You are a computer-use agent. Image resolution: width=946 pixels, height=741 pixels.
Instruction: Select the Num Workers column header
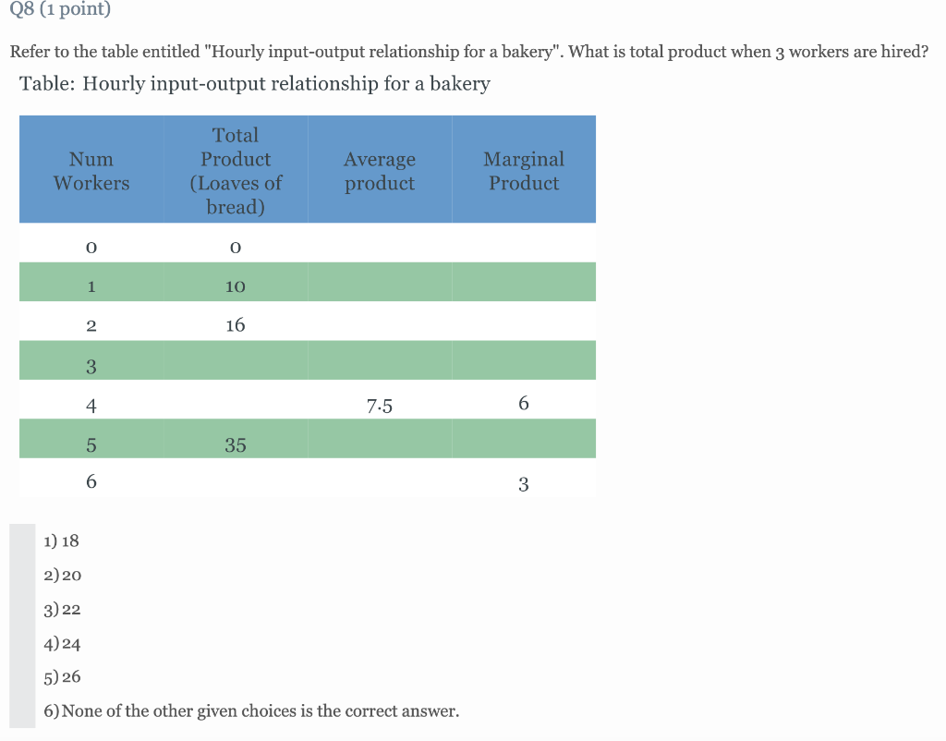91,171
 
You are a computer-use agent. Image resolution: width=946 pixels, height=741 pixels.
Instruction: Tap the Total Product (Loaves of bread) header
236,171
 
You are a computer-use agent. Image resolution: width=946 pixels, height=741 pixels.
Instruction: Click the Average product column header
380,171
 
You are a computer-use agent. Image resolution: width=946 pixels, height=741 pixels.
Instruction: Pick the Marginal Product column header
524,171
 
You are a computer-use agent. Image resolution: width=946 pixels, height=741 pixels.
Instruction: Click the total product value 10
236,286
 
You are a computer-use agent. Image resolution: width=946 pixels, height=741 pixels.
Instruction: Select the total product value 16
236,325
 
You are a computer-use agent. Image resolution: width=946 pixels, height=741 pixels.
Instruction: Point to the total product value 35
236,445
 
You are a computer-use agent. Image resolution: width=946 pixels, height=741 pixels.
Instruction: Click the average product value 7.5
379,405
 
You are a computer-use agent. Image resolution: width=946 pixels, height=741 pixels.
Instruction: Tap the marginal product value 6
524,404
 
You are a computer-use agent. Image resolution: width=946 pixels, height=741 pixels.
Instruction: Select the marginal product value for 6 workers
524,484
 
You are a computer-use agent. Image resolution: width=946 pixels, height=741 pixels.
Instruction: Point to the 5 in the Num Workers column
91,445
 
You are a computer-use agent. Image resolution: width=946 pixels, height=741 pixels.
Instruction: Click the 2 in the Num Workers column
91,325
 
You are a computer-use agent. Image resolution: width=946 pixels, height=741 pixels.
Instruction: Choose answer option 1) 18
62,541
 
